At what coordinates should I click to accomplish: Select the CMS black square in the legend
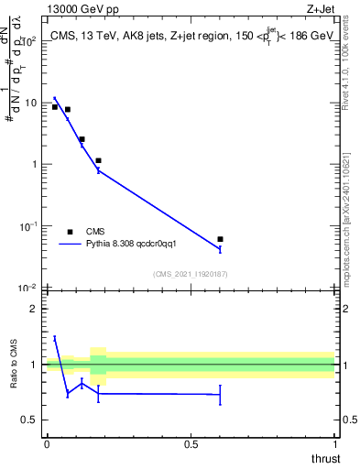coord(70,232)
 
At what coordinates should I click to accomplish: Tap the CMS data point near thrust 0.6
coord(220,239)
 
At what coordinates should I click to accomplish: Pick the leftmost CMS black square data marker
coord(55,107)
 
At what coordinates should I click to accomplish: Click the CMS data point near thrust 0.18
coord(98,160)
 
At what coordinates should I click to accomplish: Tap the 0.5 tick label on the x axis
coord(191,443)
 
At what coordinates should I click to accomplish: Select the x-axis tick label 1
coord(334,443)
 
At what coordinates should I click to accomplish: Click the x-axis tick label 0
coord(47,443)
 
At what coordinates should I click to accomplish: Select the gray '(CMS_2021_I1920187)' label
coord(190,273)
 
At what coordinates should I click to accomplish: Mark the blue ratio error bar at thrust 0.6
coord(220,395)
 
